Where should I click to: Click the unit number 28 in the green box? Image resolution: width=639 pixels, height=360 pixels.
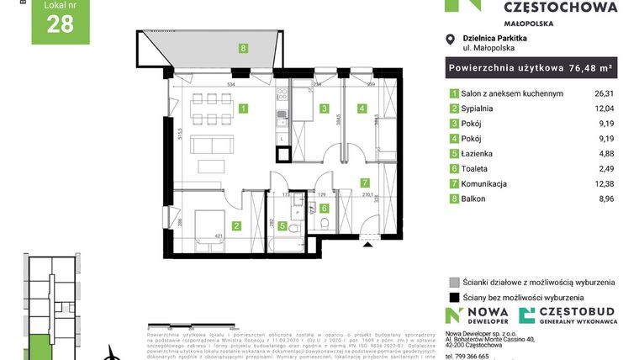coord(60,24)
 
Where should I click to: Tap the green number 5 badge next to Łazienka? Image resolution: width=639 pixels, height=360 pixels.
coord(454,154)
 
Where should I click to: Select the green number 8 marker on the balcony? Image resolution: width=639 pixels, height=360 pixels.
coord(243,49)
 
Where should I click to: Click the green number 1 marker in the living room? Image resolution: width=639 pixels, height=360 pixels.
coord(243,109)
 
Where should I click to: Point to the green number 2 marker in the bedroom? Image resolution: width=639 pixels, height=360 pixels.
coord(237,225)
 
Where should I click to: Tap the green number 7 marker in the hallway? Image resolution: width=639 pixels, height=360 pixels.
coord(364,183)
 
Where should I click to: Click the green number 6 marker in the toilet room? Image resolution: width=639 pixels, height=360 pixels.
coord(325,208)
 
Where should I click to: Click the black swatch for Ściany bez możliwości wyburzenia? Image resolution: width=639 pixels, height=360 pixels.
coord(454,297)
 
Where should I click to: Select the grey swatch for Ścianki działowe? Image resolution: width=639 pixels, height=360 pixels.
coord(454,282)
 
